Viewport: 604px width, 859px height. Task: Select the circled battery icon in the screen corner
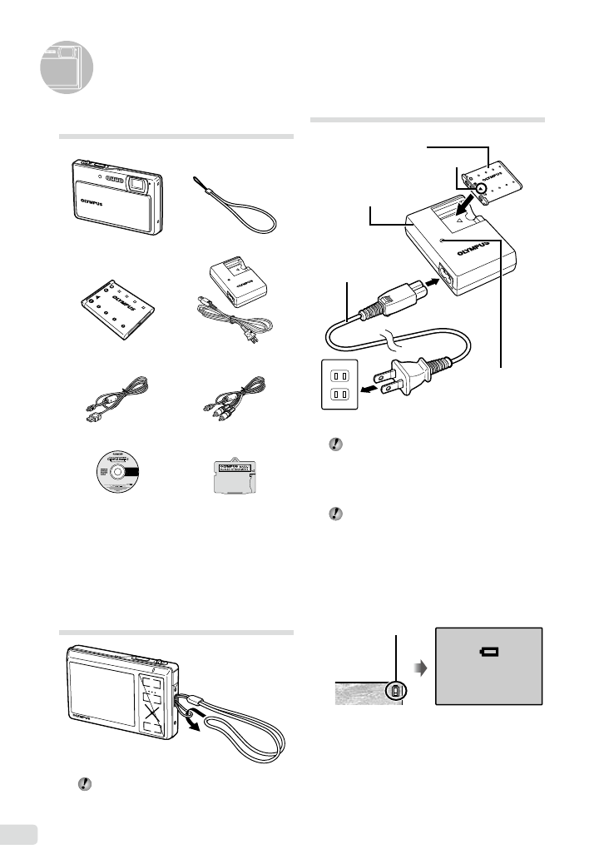[394, 691]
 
